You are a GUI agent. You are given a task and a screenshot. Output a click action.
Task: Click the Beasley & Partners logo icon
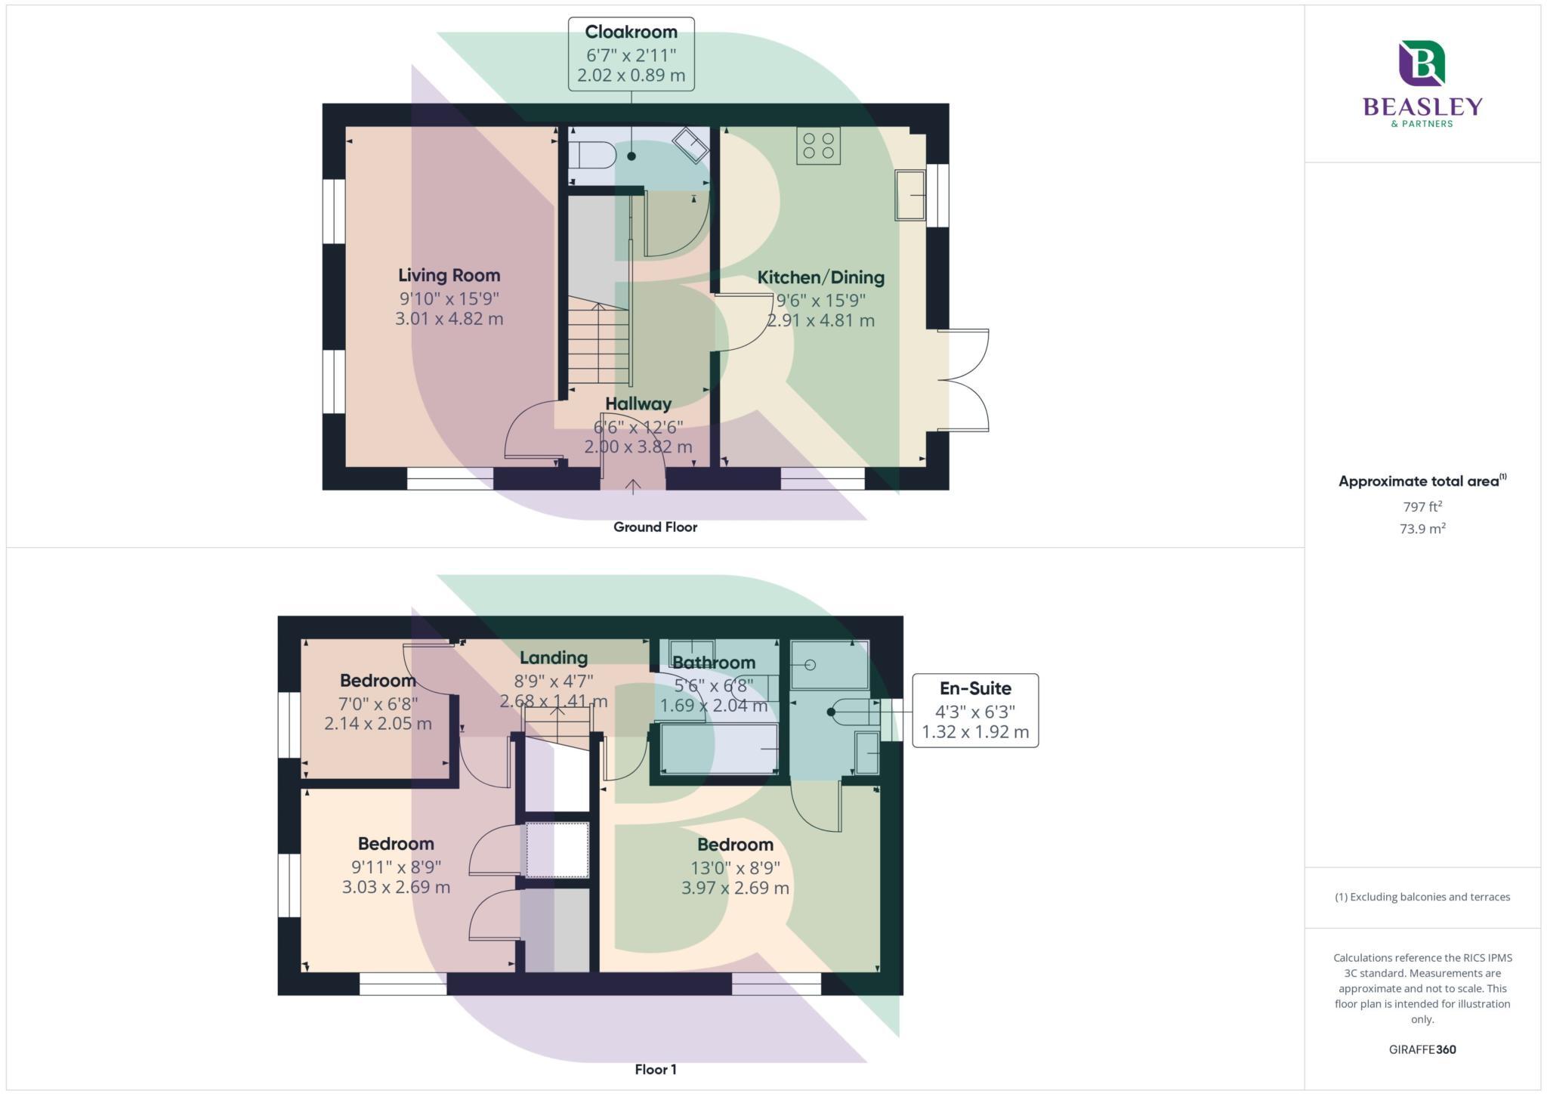coord(1422,63)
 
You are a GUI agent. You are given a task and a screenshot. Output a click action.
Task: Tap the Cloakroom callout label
coord(631,54)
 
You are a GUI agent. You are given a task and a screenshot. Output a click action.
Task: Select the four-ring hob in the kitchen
coord(818,146)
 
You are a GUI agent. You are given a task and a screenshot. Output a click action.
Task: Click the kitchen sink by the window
coord(910,195)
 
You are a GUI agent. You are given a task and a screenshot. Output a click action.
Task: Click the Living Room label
coord(449,275)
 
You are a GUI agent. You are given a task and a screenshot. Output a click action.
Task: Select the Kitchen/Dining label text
coord(820,277)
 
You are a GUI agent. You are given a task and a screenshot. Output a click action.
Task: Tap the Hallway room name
coord(638,403)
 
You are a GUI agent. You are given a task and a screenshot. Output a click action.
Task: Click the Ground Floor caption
coord(655,527)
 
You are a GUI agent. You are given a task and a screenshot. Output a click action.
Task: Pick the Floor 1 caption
coord(655,1069)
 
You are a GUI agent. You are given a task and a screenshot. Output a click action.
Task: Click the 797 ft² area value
coord(1422,506)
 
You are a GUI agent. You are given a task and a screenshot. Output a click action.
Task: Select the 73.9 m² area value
coord(1422,529)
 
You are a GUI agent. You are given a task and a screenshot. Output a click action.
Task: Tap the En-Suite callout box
coord(974,710)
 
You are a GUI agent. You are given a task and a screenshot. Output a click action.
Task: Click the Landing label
coord(553,657)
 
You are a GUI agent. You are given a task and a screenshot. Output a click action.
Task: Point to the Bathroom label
coord(713,663)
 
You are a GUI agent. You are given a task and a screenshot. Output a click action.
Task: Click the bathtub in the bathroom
coord(719,749)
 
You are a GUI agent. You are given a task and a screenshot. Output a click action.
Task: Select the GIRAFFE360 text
coord(1422,1049)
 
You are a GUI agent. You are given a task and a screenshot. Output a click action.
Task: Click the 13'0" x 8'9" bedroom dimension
coord(735,867)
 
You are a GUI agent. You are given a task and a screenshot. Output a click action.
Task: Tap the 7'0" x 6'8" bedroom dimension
coord(378,703)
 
